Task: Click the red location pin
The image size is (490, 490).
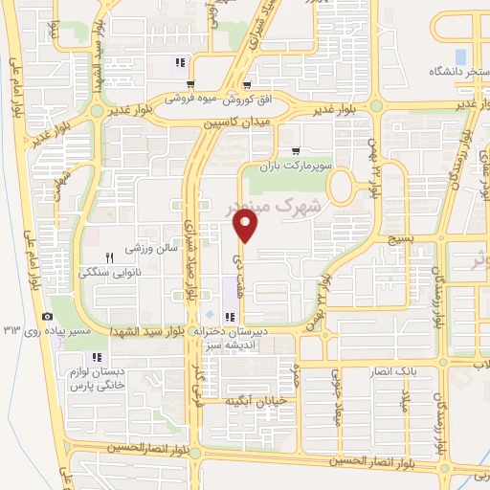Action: click(x=246, y=225)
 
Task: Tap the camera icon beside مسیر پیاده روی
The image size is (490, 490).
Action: click(x=48, y=317)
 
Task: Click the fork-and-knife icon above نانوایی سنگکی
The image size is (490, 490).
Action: click(x=109, y=256)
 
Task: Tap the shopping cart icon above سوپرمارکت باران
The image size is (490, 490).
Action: click(x=296, y=149)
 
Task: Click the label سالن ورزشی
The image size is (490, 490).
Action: click(x=147, y=249)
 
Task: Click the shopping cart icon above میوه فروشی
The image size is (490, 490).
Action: click(x=191, y=84)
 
